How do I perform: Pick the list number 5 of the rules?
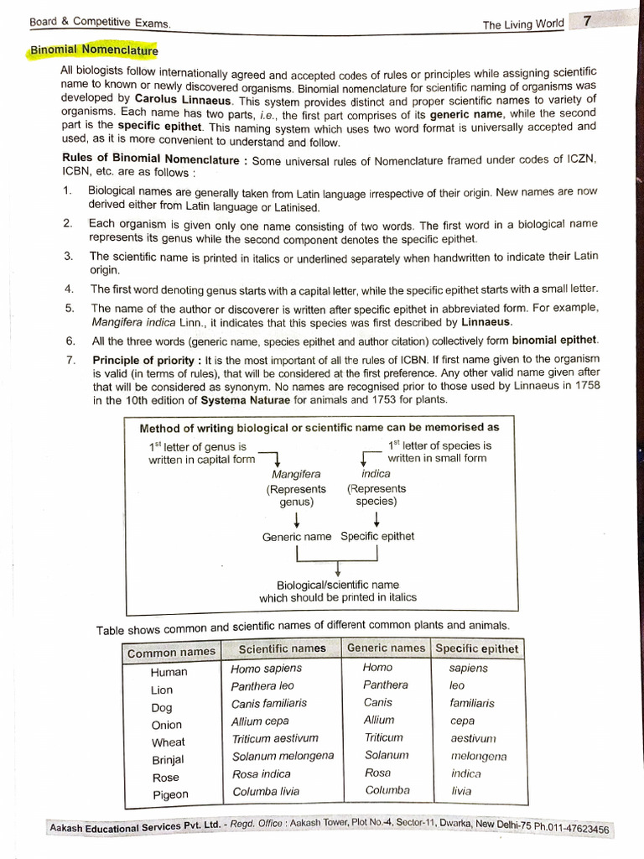(x=69, y=308)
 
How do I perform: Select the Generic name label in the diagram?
(x=296, y=536)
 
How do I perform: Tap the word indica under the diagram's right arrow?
(x=376, y=473)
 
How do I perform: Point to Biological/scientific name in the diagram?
(x=338, y=585)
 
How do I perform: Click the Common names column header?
(x=170, y=653)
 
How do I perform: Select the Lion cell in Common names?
(x=162, y=690)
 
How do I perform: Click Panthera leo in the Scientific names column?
(x=262, y=686)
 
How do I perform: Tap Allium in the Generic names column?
(x=379, y=720)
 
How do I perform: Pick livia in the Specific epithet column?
(x=461, y=791)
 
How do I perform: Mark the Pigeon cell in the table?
(x=170, y=794)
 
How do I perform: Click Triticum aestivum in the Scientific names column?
(x=275, y=738)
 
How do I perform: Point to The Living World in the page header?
(x=523, y=24)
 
